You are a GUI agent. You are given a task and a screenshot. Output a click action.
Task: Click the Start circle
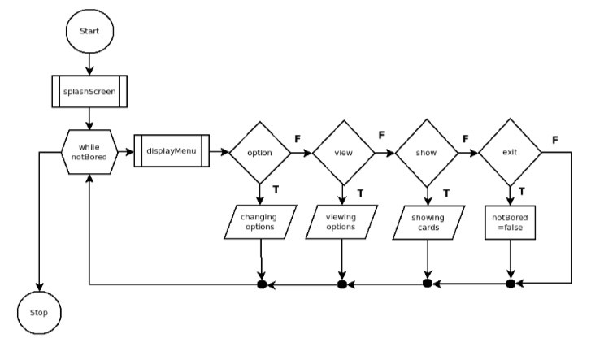[x=89, y=30]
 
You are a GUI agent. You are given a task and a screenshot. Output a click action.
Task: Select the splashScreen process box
[x=89, y=93]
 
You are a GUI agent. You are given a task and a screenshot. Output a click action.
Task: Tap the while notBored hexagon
[x=89, y=151]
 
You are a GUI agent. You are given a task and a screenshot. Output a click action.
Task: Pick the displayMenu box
[x=171, y=151]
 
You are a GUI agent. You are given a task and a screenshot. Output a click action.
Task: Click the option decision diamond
[x=260, y=152]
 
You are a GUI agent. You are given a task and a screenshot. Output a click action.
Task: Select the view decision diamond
[x=343, y=152]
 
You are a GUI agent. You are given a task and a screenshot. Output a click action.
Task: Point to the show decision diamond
[x=428, y=152]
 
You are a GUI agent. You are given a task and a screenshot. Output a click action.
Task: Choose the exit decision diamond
[x=511, y=152]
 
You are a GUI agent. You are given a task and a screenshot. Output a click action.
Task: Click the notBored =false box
[x=511, y=223]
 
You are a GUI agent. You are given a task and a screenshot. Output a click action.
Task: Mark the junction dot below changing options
[x=261, y=284]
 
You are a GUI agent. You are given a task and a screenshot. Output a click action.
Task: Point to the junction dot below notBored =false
[x=511, y=284]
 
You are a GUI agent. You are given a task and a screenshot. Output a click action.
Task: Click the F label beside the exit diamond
[x=555, y=140]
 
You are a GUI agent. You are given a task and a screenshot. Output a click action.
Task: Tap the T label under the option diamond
[x=276, y=189]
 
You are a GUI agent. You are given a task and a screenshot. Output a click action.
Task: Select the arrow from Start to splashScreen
[x=89, y=62]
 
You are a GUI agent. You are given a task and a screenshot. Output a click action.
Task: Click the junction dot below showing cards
[x=428, y=284]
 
